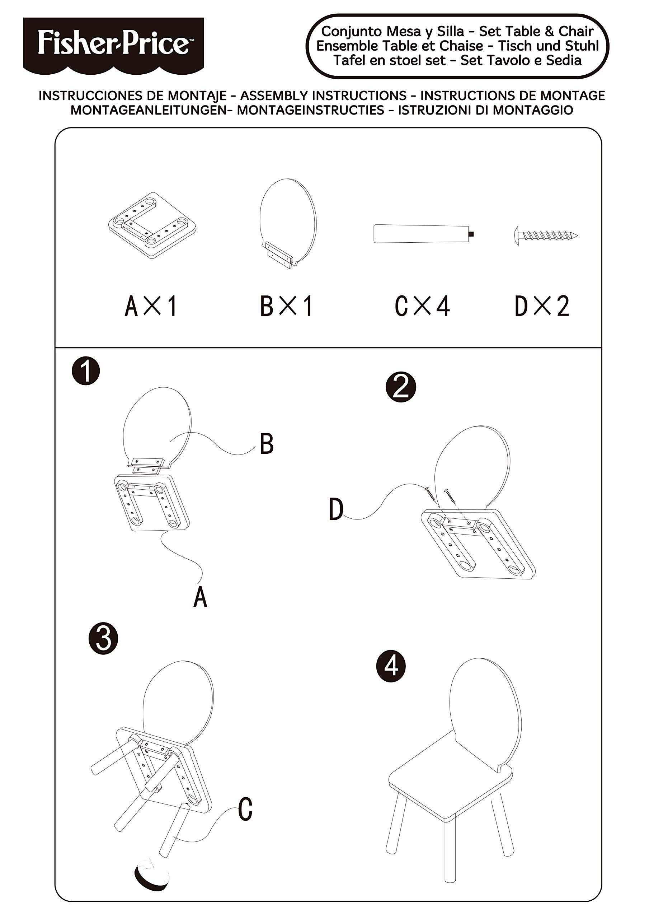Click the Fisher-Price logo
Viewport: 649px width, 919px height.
tap(113, 44)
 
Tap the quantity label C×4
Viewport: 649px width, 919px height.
tap(422, 306)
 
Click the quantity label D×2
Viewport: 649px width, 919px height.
tap(542, 306)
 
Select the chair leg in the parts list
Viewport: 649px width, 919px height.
tap(423, 234)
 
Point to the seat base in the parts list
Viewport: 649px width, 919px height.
tap(153, 225)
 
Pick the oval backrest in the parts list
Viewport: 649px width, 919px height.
tap(287, 222)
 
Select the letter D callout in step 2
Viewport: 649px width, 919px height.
tap(336, 509)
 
